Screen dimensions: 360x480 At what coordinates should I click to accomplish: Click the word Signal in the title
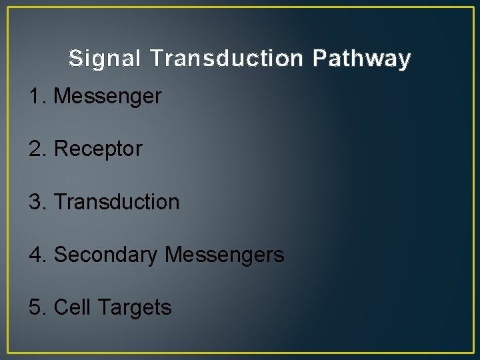(105, 59)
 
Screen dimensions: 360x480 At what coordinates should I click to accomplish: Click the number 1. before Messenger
(37, 97)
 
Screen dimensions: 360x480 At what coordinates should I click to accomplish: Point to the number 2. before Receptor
(37, 149)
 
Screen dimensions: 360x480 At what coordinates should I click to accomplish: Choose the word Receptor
(98, 149)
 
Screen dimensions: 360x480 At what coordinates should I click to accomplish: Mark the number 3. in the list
(37, 201)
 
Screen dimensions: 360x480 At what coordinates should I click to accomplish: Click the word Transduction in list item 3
(117, 201)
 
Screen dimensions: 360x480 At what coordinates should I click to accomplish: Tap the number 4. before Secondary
(37, 254)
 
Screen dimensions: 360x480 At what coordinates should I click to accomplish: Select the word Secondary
(105, 255)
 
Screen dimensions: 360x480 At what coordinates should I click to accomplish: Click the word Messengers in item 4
(224, 255)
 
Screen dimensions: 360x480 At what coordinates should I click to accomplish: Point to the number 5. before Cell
(37, 307)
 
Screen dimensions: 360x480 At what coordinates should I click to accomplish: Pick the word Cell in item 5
(72, 307)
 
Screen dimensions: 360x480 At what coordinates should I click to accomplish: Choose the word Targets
(135, 308)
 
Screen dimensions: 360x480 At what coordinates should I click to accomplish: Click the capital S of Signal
(76, 59)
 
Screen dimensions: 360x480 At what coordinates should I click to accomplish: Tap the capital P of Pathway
(319, 59)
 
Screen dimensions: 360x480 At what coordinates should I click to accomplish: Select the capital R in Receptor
(60, 149)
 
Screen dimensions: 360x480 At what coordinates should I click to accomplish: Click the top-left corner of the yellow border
(8, 8)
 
